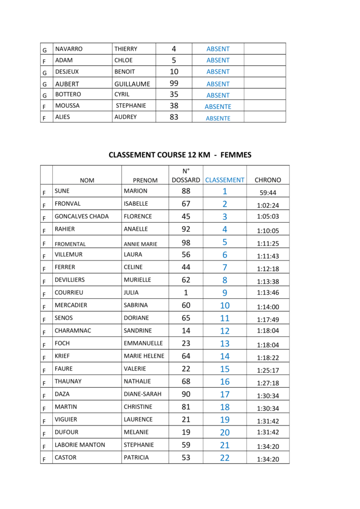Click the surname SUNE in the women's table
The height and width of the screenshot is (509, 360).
click(x=62, y=191)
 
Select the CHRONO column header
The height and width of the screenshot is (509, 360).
click(x=268, y=180)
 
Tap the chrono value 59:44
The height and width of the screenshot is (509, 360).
click(x=268, y=193)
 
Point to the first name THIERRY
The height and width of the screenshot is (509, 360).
click(x=126, y=49)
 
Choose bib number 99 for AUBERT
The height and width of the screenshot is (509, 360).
click(x=174, y=84)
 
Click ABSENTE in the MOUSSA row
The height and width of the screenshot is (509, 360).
click(x=218, y=106)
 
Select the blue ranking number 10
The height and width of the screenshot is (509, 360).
click(x=225, y=305)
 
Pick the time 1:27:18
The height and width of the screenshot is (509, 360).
click(x=268, y=383)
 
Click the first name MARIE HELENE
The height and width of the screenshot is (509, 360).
click(x=144, y=356)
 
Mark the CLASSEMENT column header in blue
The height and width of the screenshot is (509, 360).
click(x=225, y=180)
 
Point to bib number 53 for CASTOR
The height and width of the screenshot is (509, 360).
click(x=186, y=457)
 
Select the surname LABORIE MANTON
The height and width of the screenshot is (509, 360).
click(x=80, y=445)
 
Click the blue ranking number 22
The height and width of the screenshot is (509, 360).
click(x=225, y=458)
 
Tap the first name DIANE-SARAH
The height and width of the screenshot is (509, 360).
click(x=143, y=394)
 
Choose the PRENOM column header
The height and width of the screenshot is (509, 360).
click(x=145, y=180)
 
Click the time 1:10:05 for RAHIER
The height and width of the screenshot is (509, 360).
click(x=268, y=231)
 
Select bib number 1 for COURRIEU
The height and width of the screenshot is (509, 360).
click(x=186, y=292)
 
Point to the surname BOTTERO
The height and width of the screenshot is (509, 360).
click(x=68, y=94)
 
